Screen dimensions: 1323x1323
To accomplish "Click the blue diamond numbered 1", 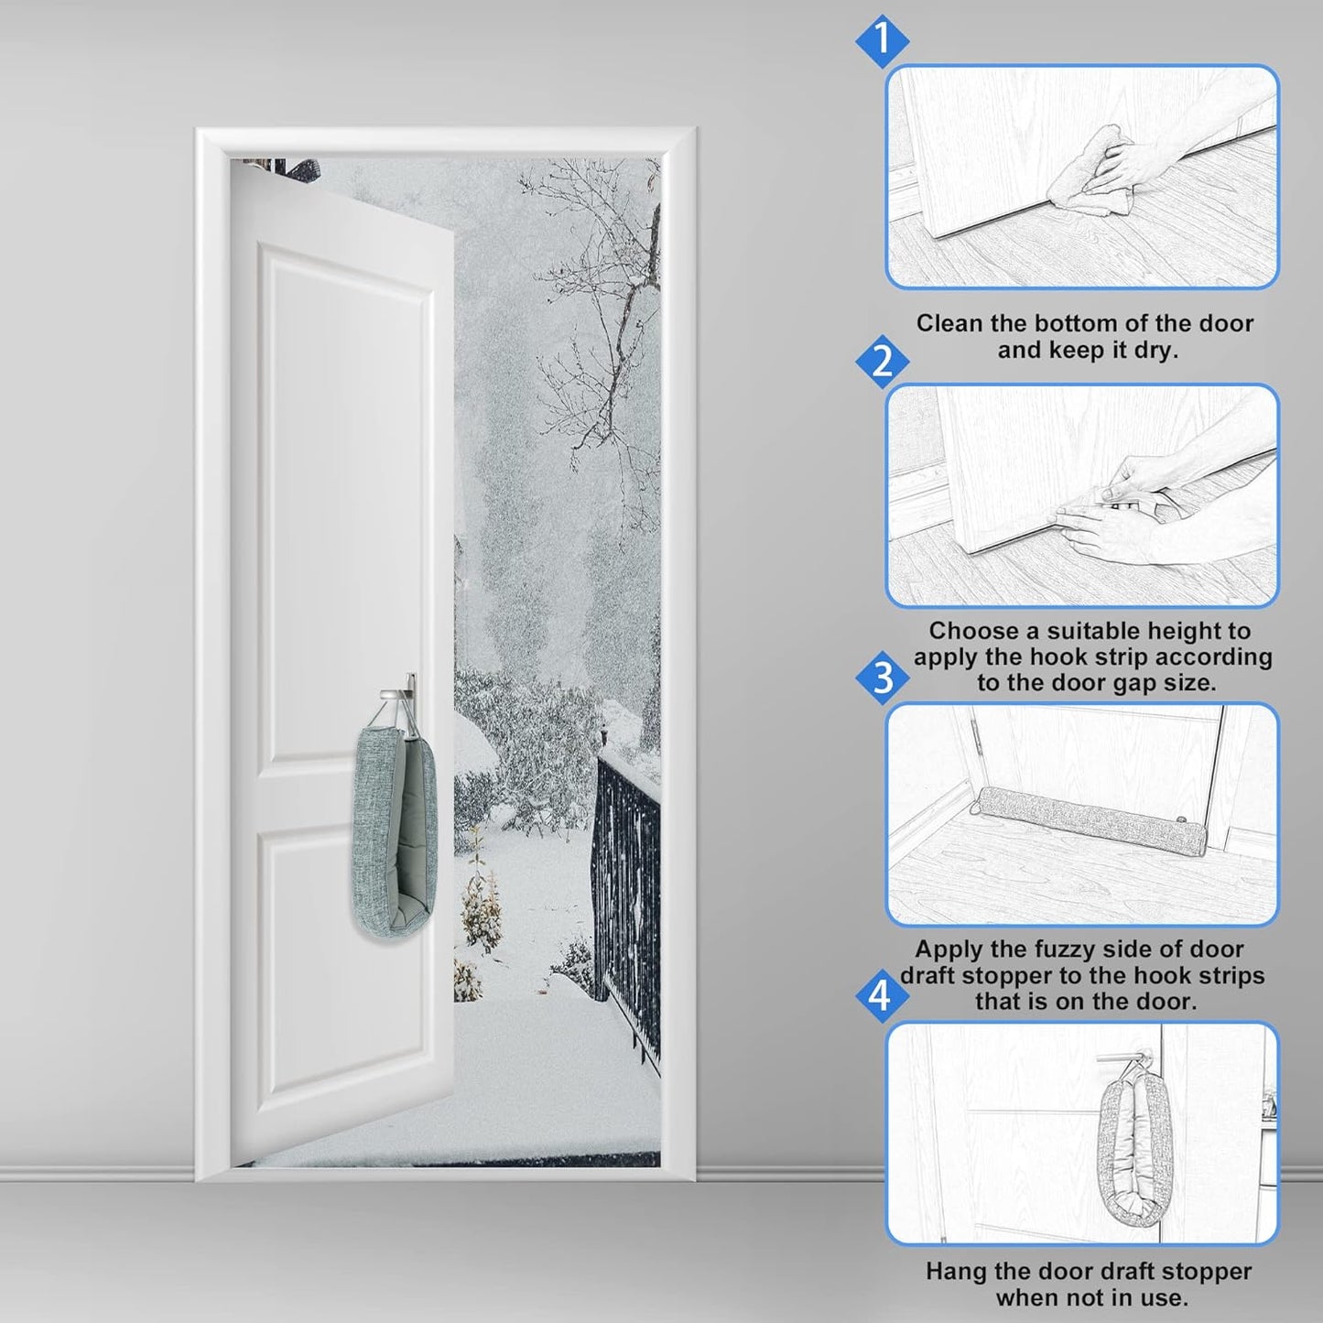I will click(882, 40).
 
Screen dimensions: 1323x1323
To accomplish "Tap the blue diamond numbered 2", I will click(882, 361).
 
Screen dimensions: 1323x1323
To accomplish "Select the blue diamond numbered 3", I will click(882, 678).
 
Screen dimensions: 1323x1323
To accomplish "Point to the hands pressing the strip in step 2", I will click(1117, 513).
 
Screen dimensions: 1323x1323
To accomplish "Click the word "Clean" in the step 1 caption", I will click(949, 323).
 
